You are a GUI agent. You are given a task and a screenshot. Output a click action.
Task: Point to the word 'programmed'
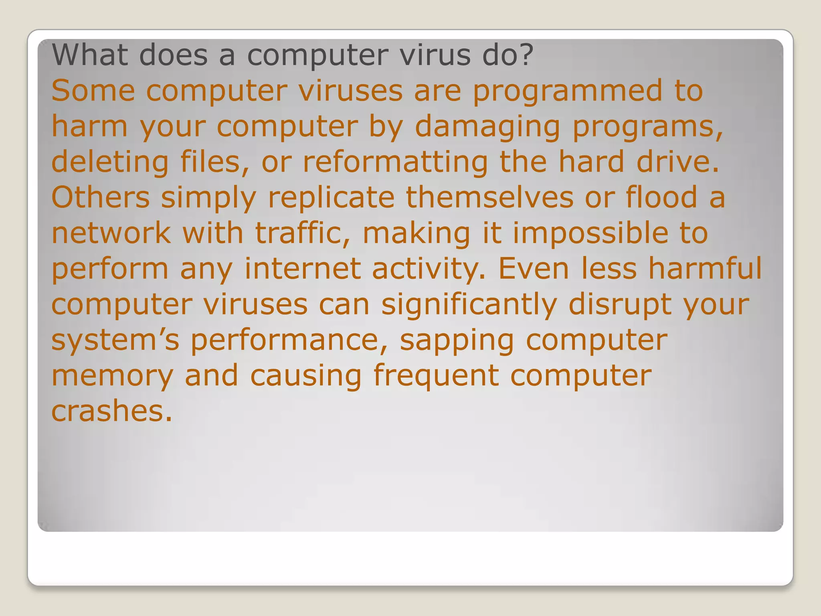[x=568, y=91]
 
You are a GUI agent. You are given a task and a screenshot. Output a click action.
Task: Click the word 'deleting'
[x=110, y=162]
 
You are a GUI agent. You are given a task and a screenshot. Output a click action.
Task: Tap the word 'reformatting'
[x=395, y=162]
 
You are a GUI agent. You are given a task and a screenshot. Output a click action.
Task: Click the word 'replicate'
[x=331, y=198]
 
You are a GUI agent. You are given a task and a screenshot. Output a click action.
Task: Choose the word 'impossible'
[x=590, y=234]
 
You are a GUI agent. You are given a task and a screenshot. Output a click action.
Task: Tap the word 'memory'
[x=113, y=377]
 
